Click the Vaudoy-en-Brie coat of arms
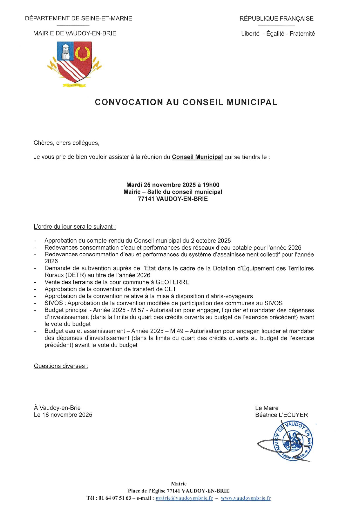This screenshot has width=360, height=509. pos(75,63)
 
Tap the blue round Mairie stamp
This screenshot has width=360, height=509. pos(293,440)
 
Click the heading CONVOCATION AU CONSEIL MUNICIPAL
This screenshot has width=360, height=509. pos(186,102)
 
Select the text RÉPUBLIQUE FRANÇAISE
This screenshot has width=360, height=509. pos(276,19)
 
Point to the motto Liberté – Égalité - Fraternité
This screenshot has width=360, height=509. pos(278,34)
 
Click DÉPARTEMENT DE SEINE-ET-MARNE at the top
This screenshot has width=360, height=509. pos(78,19)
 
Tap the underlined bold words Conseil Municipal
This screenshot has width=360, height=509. pos(197,157)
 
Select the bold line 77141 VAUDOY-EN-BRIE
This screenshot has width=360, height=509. pos(173,199)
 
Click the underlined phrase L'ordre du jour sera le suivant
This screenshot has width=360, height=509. pos(75,227)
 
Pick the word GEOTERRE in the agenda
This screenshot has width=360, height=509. pos(173,282)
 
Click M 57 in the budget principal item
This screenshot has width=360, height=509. pos(138,310)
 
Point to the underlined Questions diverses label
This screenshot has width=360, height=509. pos(61,366)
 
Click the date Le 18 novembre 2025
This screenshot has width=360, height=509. pos(63,415)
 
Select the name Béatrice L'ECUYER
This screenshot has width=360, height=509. pos(281,415)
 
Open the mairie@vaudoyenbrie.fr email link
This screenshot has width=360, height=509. pos(184,498)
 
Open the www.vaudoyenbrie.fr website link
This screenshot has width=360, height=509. pos(245,498)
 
